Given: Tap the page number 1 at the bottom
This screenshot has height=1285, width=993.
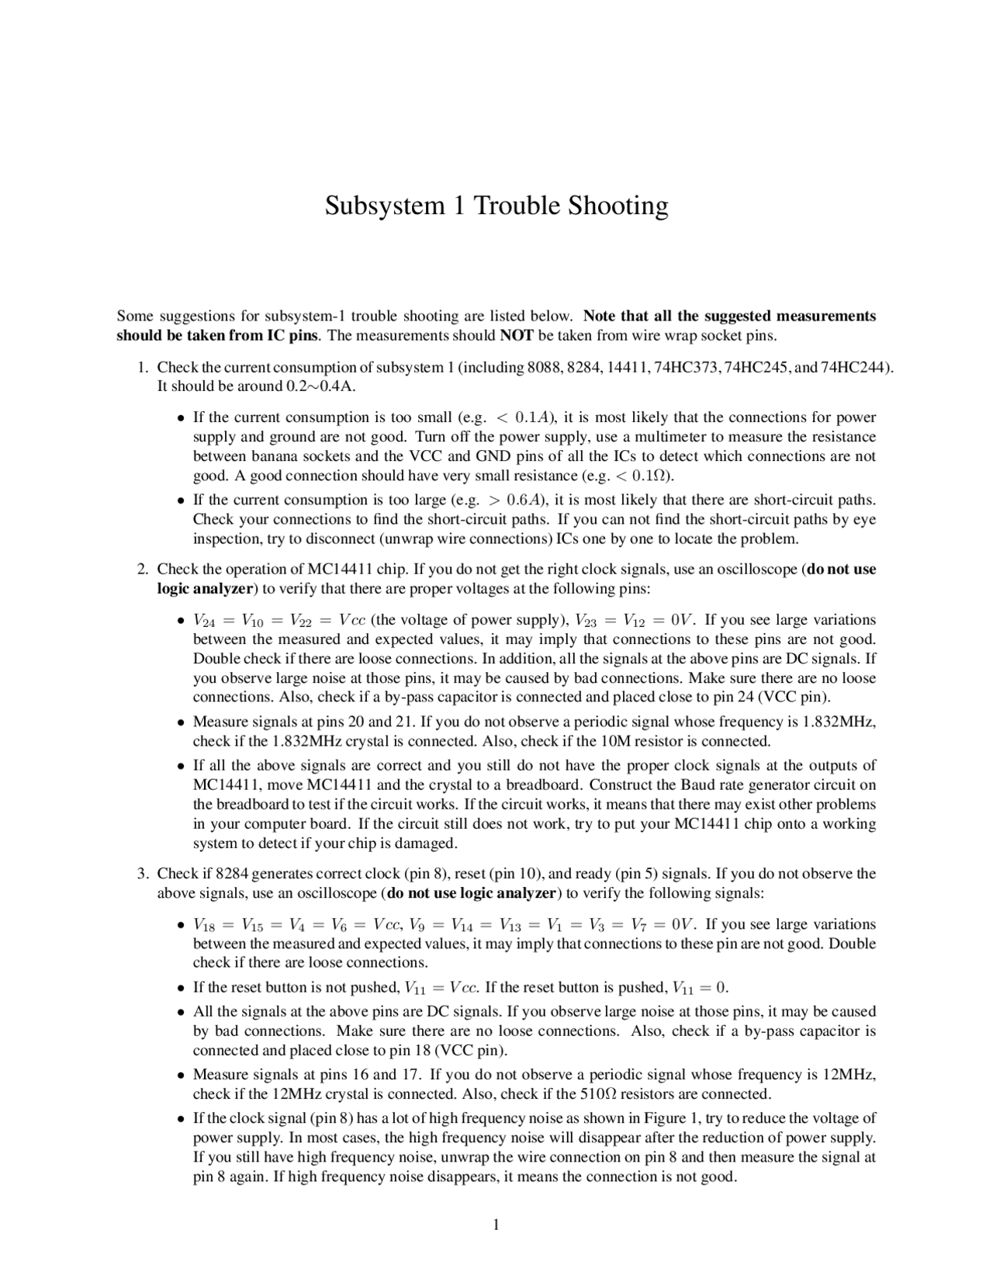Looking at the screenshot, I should (x=496, y=1225).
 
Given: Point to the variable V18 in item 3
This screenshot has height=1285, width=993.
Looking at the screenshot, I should (x=206, y=925).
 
